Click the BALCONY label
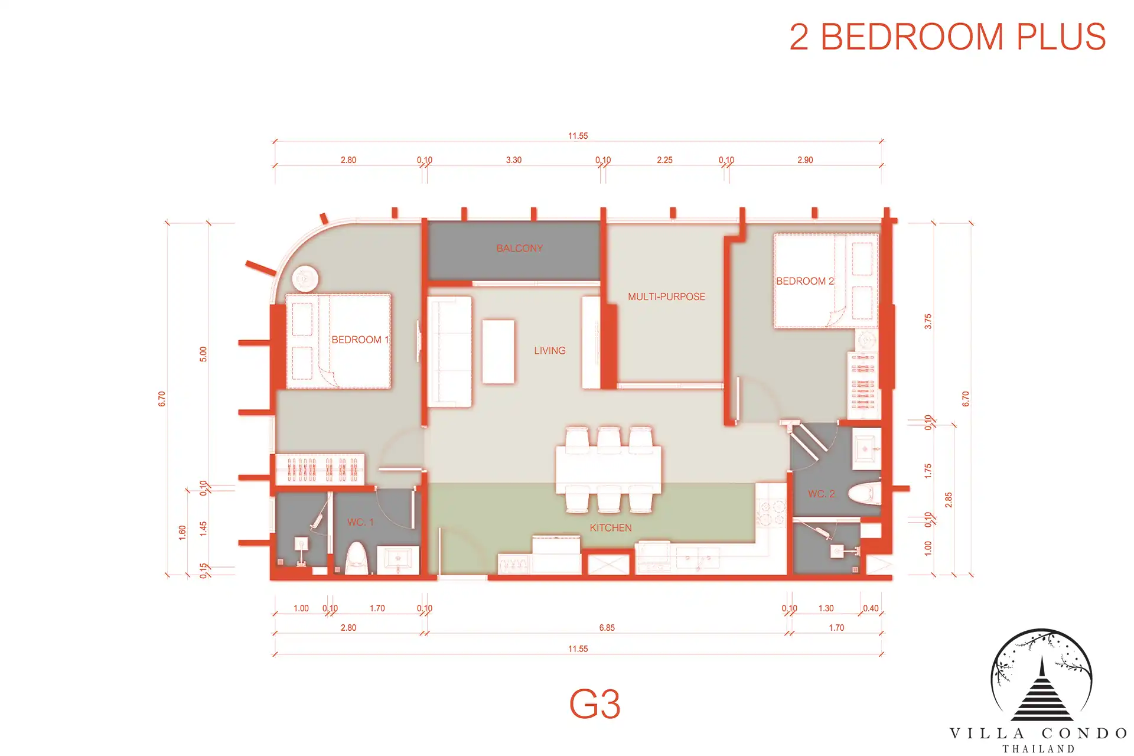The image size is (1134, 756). (x=519, y=248)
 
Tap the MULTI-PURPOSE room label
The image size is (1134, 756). (x=666, y=296)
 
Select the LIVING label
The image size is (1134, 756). (x=550, y=350)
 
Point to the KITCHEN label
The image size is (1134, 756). (x=611, y=527)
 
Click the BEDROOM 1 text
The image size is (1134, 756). (x=360, y=340)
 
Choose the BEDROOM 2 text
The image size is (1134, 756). (x=805, y=281)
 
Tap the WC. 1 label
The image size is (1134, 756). (x=360, y=522)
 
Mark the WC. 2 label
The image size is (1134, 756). (x=822, y=494)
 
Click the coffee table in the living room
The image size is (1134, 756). (x=498, y=352)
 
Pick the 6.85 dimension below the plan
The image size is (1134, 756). (x=607, y=628)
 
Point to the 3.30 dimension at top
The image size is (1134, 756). (x=514, y=160)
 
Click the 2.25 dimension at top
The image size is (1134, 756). (x=664, y=160)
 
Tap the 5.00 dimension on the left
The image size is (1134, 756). (x=203, y=354)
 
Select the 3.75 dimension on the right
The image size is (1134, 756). (x=928, y=321)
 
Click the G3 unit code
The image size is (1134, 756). (x=595, y=704)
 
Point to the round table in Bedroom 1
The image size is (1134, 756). (x=305, y=278)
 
